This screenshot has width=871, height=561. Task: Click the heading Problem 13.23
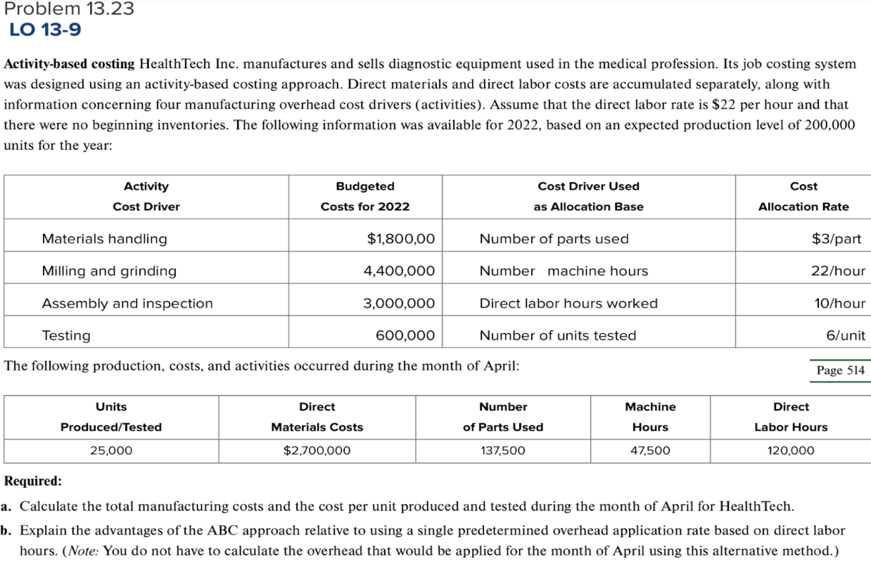tap(68, 9)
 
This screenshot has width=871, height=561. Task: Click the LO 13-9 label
tap(46, 30)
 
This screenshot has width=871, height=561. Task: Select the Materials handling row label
tap(104, 239)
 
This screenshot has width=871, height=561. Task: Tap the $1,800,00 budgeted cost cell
tap(400, 239)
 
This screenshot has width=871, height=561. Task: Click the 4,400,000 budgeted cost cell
tap(398, 271)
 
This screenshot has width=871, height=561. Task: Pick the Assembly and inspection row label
tap(127, 304)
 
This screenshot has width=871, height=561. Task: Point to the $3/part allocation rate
tap(836, 239)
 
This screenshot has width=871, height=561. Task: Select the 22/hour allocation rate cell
tap(837, 271)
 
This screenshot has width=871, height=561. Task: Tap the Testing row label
tap(66, 336)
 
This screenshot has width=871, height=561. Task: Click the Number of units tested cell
tap(557, 336)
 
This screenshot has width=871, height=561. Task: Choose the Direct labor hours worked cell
tap(568, 304)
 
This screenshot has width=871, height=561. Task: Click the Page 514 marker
tap(840, 370)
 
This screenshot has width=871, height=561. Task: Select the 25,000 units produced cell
tap(111, 451)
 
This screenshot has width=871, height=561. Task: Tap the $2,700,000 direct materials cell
tap(317, 451)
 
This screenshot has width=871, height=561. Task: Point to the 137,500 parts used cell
tap(502, 451)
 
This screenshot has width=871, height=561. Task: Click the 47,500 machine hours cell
tap(650, 451)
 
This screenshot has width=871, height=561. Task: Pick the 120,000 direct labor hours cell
tap(791, 451)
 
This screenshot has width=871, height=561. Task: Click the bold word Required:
tap(33, 482)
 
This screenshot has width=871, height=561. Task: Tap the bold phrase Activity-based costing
tap(69, 64)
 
